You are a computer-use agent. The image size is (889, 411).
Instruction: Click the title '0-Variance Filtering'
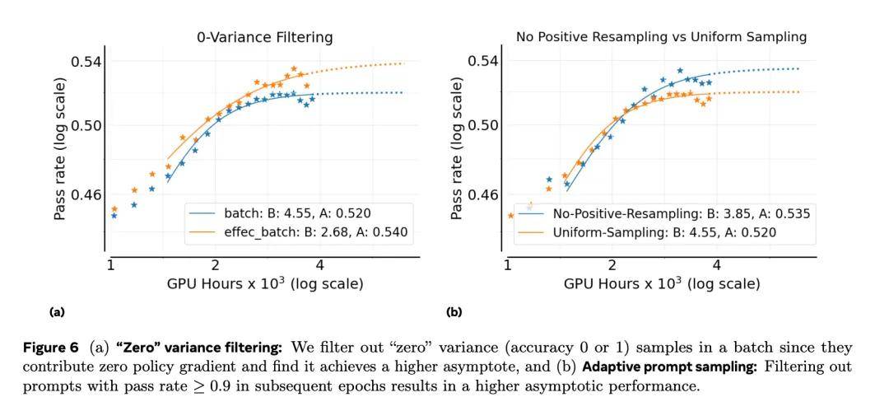264,37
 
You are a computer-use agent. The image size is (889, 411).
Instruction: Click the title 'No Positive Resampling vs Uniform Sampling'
661,37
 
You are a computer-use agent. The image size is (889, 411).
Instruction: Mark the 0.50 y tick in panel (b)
483,126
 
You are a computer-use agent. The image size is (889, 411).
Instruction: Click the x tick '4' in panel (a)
319,265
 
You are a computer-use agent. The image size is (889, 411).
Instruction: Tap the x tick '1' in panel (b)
507,265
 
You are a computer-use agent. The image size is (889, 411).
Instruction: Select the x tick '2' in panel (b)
612,265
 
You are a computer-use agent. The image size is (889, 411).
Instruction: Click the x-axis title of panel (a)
264,284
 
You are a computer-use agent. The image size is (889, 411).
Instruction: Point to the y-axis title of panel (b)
457,148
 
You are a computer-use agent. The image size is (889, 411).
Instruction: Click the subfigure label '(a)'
57,312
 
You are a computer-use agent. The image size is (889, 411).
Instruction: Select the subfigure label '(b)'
454,312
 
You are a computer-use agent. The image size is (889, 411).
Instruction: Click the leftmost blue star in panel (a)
114,216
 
